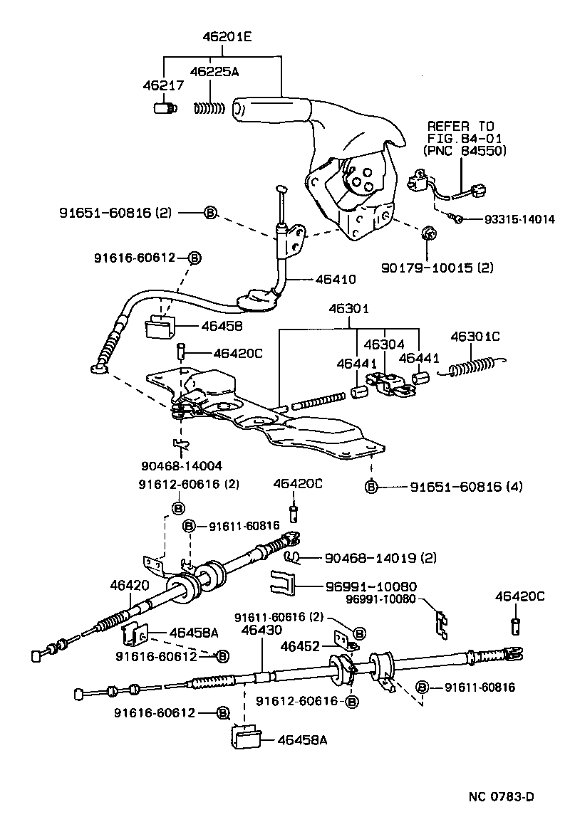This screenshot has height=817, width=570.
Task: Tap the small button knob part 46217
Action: click(x=165, y=108)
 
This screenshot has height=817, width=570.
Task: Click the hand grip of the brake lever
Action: click(x=271, y=109)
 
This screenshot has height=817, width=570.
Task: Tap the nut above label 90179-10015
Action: click(x=429, y=233)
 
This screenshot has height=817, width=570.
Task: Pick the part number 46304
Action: click(x=385, y=344)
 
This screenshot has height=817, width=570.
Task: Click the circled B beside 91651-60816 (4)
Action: click(x=371, y=487)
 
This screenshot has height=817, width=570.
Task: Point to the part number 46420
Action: click(x=130, y=585)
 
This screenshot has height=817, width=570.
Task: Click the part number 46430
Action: click(x=261, y=630)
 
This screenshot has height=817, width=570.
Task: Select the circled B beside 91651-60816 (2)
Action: click(x=210, y=212)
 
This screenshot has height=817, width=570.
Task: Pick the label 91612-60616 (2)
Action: click(x=189, y=485)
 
